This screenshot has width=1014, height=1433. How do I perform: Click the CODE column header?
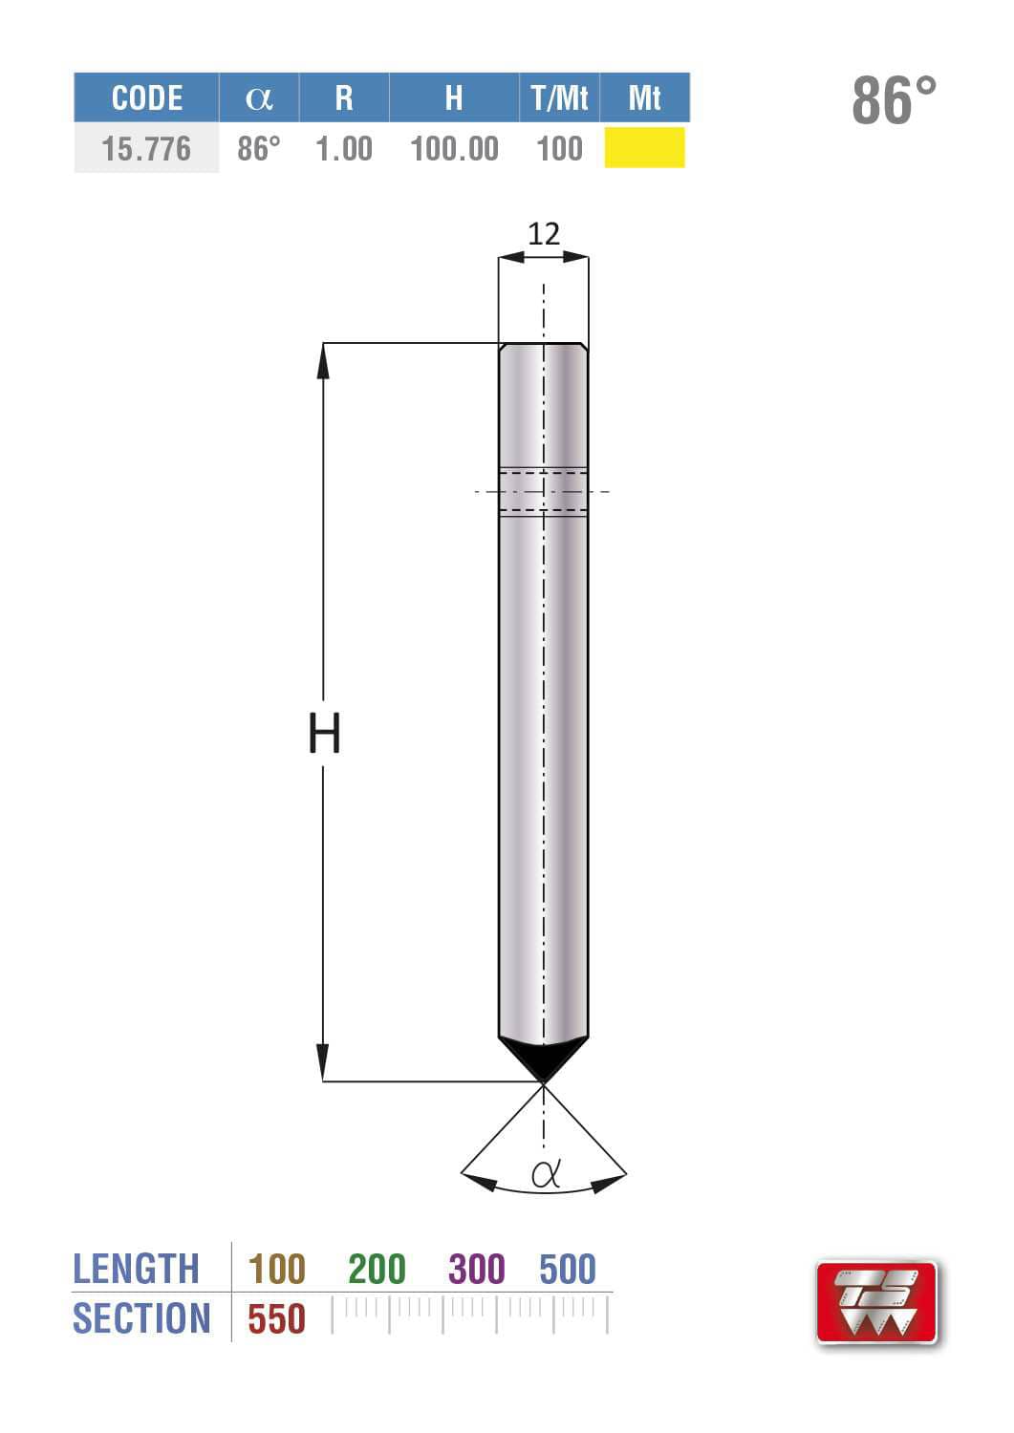146,97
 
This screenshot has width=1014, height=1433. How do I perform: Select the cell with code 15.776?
146,149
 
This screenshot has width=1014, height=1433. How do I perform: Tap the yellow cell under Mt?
644,148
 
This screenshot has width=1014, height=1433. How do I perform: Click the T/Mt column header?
559,97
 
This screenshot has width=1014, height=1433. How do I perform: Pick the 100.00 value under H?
454,149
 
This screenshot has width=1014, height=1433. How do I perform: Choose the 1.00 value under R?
344,149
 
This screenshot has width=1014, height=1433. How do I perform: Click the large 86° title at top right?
894,100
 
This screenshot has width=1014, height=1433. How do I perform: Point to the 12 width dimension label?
544,234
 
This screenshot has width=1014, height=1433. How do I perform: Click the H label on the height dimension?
324,734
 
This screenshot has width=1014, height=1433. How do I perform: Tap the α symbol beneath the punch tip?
545,1173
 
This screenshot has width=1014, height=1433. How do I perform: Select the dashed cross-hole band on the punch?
544,491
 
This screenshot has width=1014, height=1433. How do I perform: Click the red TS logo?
877,1302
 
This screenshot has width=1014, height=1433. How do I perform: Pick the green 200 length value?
377,1270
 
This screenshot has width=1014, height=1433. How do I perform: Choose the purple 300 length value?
477,1270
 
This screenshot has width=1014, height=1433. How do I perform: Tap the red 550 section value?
276,1319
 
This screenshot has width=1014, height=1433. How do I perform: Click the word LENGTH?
136,1270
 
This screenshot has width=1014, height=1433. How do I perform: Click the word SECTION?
141,1319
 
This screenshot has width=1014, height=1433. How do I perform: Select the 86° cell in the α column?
259,149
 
